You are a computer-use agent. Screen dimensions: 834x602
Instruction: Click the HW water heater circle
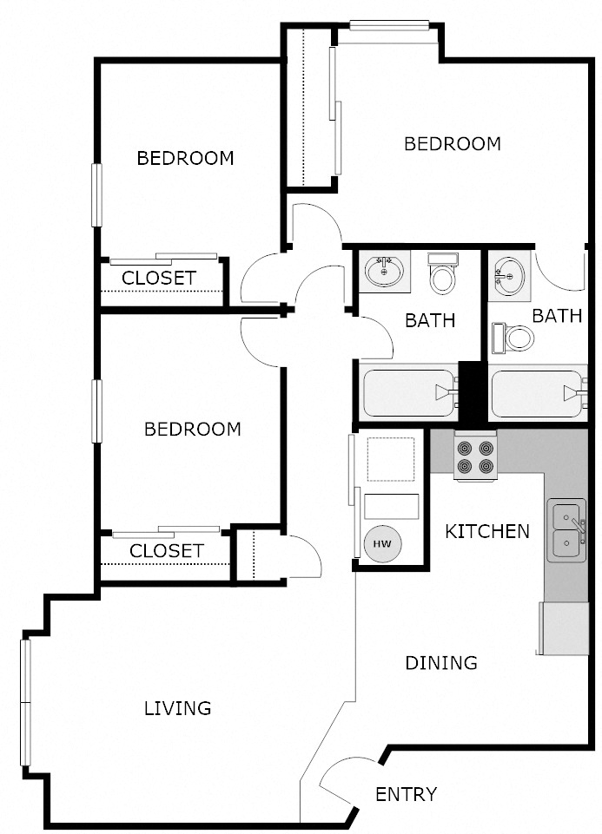(381, 543)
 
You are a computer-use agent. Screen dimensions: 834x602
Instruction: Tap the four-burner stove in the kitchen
(474, 456)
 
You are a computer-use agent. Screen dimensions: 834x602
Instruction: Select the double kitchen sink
(566, 531)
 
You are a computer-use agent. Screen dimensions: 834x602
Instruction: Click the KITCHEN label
(486, 531)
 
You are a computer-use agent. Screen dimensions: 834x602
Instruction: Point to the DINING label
(441, 663)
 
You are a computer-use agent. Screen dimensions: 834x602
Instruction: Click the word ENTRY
(406, 794)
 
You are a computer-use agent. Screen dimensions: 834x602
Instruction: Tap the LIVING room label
(177, 708)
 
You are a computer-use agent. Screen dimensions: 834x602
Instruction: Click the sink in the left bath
(383, 273)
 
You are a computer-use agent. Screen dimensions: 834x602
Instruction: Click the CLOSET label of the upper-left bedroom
(158, 279)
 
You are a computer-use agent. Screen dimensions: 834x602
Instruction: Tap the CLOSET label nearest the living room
(166, 551)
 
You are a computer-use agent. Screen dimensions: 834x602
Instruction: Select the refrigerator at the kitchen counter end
(564, 628)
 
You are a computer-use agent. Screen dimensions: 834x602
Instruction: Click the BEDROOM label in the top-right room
(453, 144)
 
